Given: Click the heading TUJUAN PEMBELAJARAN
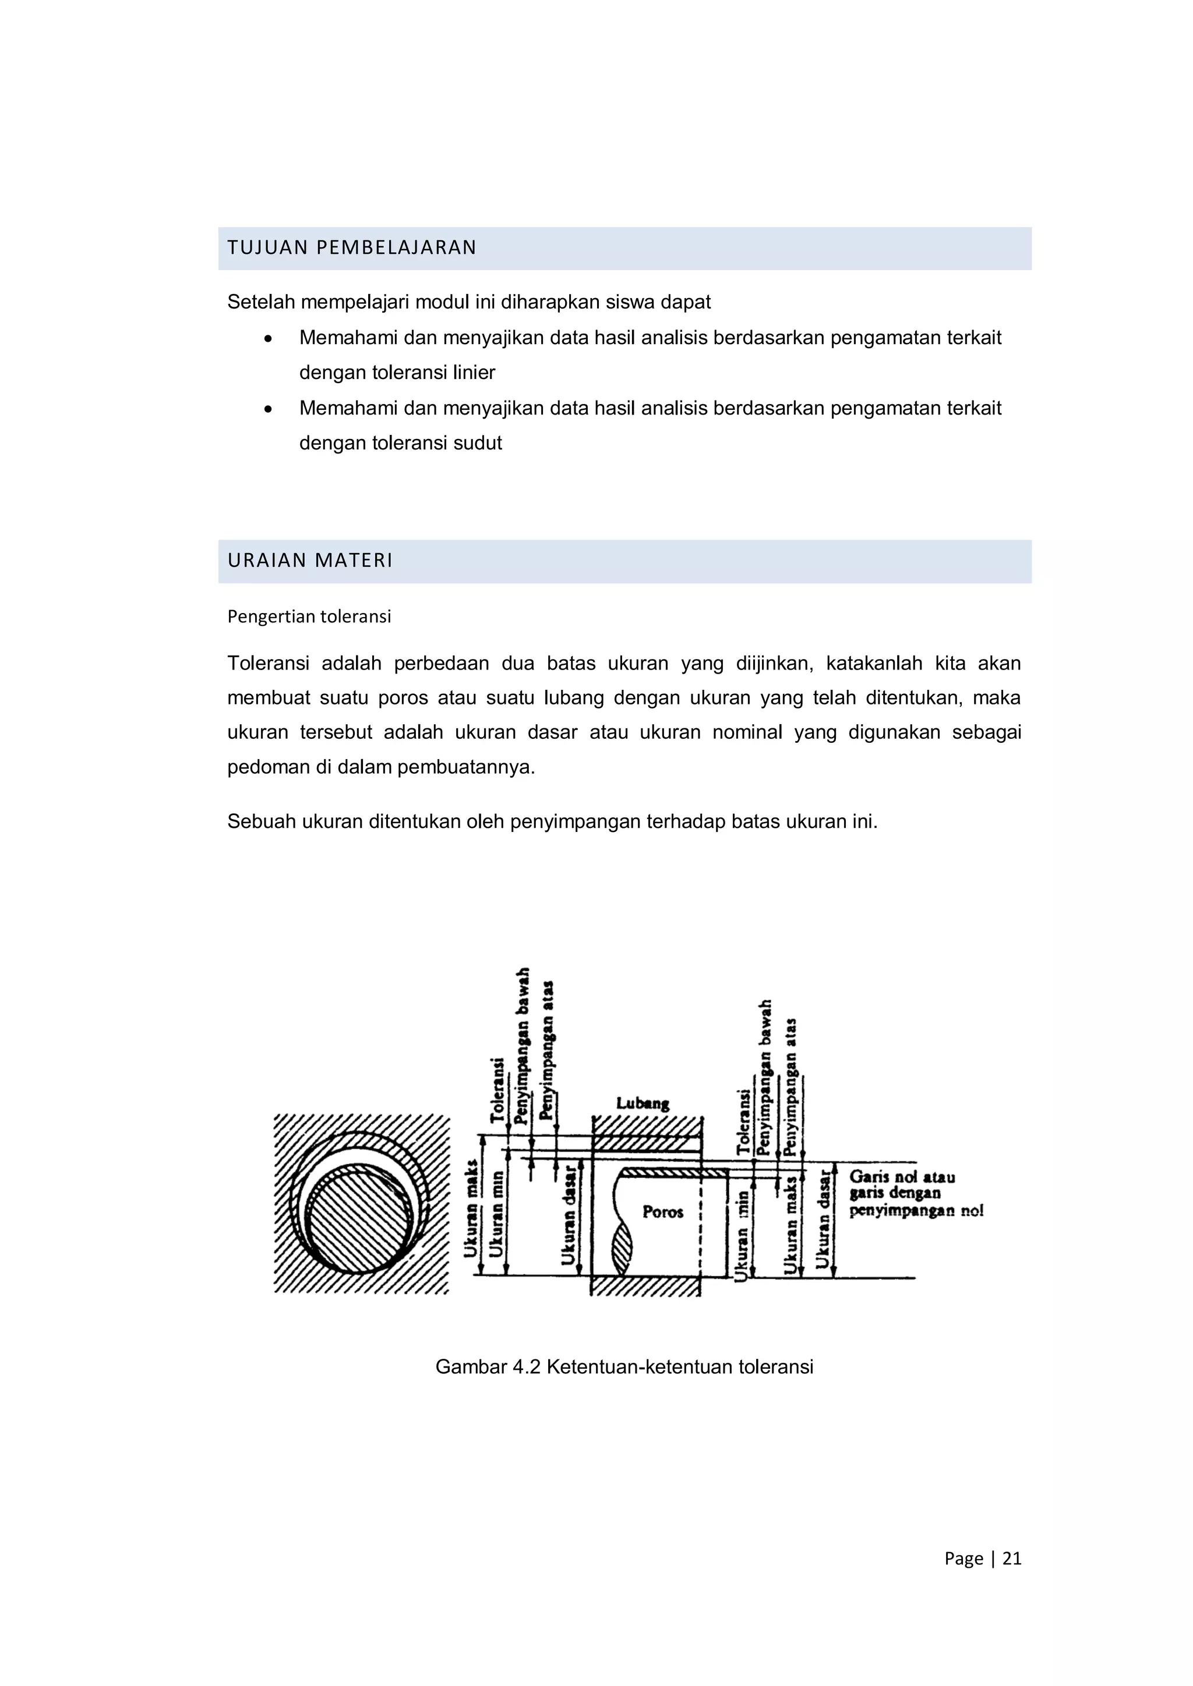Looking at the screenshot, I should click(x=352, y=247).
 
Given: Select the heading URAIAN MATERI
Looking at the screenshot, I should click(x=310, y=560).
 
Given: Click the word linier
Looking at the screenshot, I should click(x=479, y=373).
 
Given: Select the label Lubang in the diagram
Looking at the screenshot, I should click(x=642, y=1103).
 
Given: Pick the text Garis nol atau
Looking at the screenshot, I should click(x=902, y=1177).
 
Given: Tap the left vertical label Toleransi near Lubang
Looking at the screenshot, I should click(x=498, y=1090).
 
